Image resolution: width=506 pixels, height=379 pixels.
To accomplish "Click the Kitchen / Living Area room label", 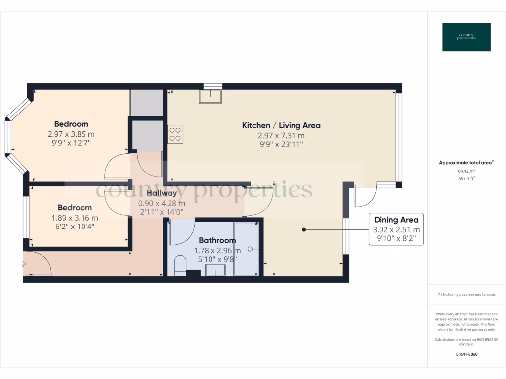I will [281, 125].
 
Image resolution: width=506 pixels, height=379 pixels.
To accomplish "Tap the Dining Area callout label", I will [396, 220].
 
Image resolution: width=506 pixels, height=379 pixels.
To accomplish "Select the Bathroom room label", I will [217, 240].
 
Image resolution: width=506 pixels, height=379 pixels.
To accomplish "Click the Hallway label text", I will [162, 193].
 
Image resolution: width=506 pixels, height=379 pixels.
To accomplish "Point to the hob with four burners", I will [175, 134].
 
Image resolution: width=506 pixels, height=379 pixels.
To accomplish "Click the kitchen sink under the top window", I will [211, 96].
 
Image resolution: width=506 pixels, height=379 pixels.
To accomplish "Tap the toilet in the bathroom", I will [180, 265].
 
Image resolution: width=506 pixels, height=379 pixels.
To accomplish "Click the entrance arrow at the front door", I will [22, 265].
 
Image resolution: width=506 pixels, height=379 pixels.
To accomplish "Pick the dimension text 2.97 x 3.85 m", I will [71, 134].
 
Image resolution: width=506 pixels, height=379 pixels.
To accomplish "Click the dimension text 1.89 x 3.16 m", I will [75, 218].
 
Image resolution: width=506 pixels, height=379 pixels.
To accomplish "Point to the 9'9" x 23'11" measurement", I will [281, 144].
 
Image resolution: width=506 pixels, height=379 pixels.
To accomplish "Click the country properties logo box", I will [466, 37].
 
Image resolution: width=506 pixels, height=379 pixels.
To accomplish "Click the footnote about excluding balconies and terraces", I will [466, 295].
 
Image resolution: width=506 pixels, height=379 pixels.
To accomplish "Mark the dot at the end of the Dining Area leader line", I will [304, 229].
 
